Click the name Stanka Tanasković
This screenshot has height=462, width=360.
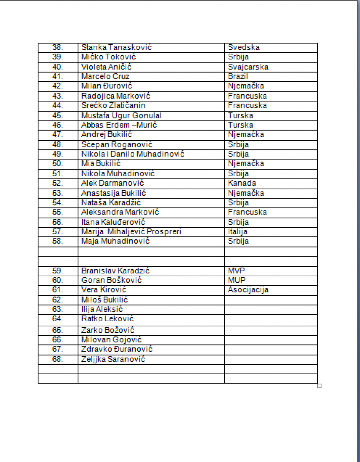click(116, 47)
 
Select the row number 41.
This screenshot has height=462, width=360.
click(58, 77)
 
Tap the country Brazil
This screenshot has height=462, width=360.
click(238, 77)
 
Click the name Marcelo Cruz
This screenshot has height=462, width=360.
click(105, 77)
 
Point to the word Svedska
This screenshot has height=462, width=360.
click(244, 47)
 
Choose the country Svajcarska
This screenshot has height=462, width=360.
click(248, 67)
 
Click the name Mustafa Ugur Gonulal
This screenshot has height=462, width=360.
click(121, 115)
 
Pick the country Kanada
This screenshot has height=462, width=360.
click(242, 183)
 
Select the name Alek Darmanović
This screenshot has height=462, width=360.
click(112, 183)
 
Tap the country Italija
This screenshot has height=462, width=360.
click(238, 232)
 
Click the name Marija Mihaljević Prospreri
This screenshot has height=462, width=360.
click(131, 232)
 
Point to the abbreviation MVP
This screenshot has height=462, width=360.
click(236, 271)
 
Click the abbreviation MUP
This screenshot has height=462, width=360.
click(237, 280)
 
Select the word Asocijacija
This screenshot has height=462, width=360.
click(248, 290)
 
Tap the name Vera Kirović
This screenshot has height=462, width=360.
click(104, 290)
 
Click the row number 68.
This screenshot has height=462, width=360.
click(58, 359)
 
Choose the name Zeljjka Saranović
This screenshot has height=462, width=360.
click(113, 359)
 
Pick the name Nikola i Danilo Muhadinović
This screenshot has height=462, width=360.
click(133, 154)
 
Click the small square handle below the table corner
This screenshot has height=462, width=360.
click(319, 386)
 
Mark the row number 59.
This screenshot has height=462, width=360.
click(58, 271)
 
